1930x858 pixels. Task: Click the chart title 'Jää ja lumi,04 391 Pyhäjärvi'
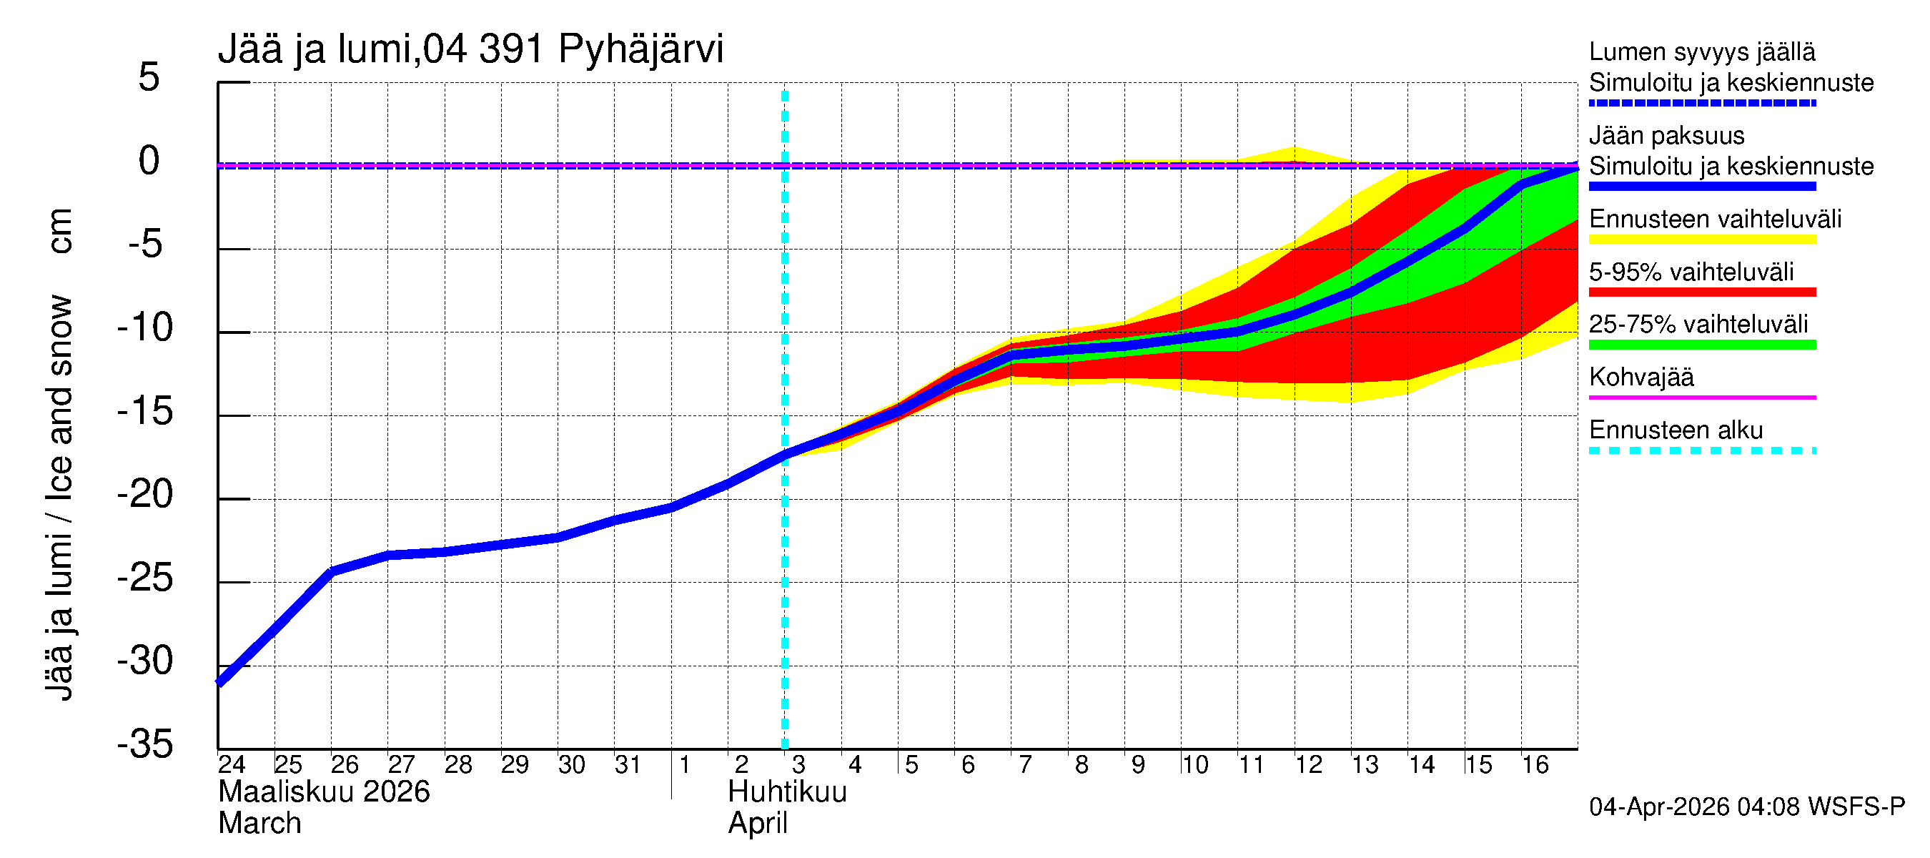(x=470, y=49)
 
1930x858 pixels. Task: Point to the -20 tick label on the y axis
(x=145, y=495)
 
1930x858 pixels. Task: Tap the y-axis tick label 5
(x=149, y=77)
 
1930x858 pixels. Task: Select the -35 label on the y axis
(x=145, y=745)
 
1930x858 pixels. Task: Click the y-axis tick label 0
(x=149, y=161)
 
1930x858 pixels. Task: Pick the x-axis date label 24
(x=232, y=765)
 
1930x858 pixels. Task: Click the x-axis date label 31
(x=628, y=765)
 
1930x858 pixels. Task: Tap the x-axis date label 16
(x=1535, y=765)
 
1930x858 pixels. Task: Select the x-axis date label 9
(x=1138, y=765)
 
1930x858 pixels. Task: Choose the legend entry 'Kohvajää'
(x=1640, y=377)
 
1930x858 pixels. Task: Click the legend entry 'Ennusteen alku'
(x=1676, y=430)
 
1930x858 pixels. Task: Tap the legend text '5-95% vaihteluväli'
(x=1691, y=272)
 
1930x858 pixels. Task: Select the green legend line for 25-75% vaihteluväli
(x=1701, y=345)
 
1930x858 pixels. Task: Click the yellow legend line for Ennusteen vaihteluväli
(x=1701, y=240)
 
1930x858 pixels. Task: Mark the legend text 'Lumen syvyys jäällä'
(x=1701, y=51)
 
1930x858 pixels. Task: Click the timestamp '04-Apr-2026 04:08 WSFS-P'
(x=1746, y=807)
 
